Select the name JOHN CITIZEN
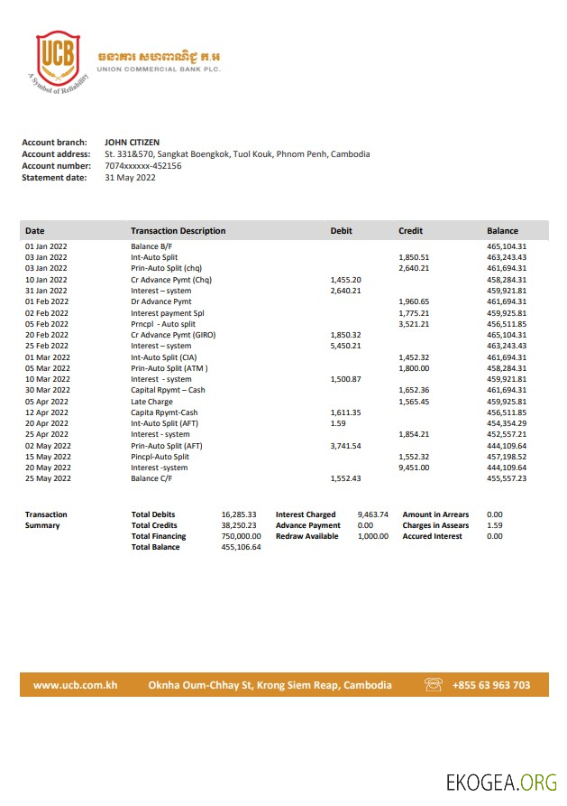coord(132,142)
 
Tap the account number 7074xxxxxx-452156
coord(143,166)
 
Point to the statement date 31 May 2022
coord(130,178)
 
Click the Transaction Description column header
coord(178,231)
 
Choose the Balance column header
coord(502,231)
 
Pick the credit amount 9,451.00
coord(414,468)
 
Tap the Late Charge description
coord(151,401)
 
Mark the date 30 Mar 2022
coord(47,390)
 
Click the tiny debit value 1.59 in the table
coord(338,423)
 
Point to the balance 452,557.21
coord(507,434)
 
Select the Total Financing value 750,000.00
coord(241,536)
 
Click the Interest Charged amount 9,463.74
coord(372,514)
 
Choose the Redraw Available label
coord(307,536)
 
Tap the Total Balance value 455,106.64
coord(241,547)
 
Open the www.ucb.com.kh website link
coord(76,685)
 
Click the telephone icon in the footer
coord(434,685)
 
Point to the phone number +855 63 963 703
coord(491,685)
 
